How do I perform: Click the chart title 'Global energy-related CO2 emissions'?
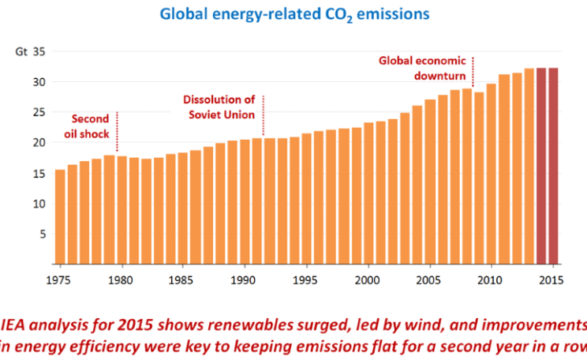293,14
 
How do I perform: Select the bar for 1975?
60,216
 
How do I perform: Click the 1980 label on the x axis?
121,279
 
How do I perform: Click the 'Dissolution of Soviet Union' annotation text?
219,107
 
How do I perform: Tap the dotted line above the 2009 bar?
473,72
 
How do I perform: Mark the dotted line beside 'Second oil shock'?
117,131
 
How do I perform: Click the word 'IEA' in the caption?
17,324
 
